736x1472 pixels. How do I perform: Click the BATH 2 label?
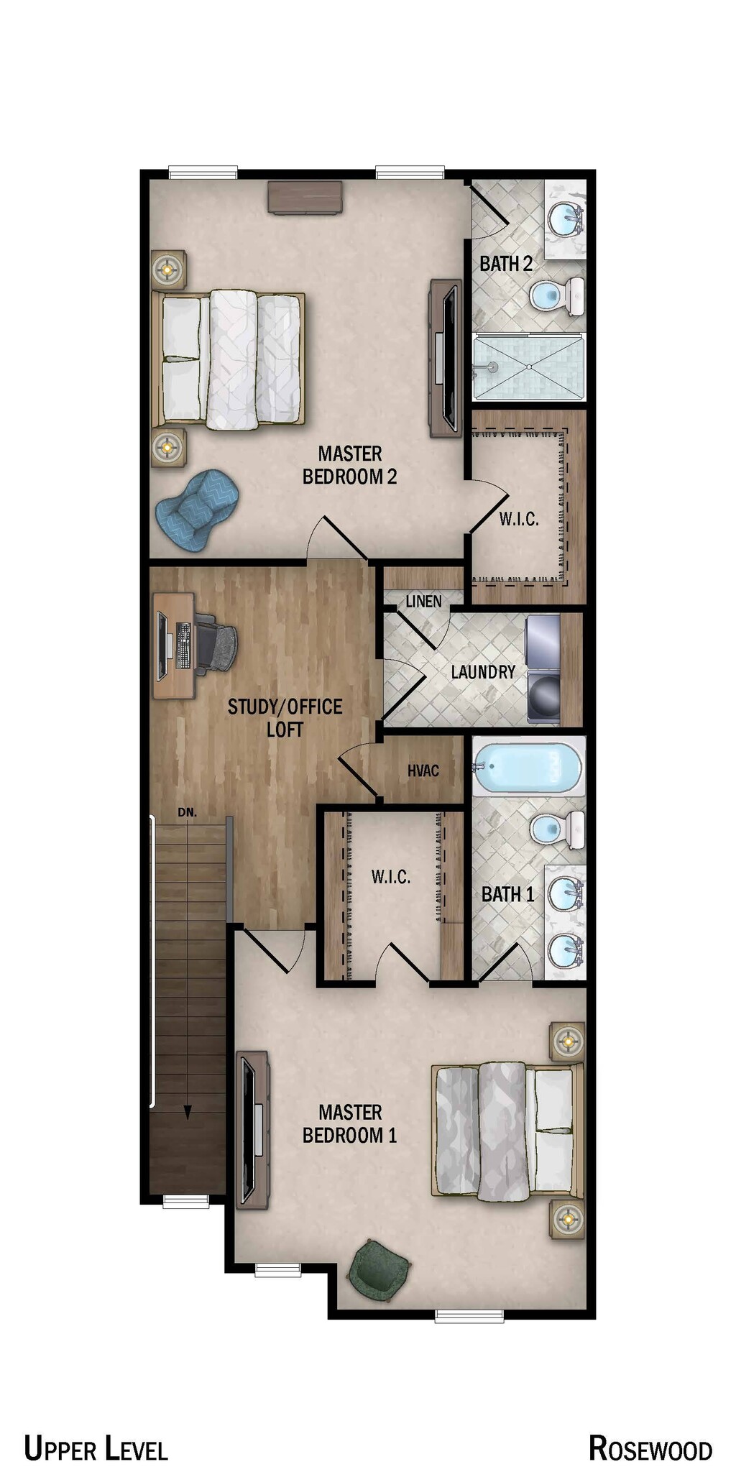point(506,264)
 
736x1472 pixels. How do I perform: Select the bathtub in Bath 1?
point(528,768)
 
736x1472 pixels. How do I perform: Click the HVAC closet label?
point(423,770)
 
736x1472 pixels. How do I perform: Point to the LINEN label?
point(423,601)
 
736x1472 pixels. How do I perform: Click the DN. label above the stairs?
point(187,812)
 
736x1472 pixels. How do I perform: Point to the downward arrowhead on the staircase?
point(188,1112)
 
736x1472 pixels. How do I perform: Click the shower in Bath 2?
point(529,367)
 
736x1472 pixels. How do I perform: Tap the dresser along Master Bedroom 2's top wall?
point(304,198)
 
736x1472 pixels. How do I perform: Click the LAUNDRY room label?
point(483,672)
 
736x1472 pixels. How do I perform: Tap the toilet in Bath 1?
point(558,829)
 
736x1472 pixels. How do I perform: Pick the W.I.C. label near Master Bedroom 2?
point(519,519)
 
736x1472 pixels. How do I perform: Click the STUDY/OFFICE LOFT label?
point(285,717)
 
